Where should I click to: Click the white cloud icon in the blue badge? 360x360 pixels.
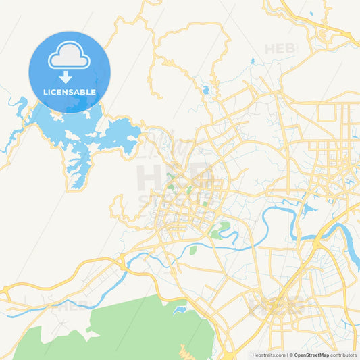(68, 57)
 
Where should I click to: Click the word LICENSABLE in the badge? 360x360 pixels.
(69, 92)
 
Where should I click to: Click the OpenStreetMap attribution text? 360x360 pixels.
(311, 355)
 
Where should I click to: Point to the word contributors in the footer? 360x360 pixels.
(344, 355)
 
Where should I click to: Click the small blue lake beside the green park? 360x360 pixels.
(180, 310)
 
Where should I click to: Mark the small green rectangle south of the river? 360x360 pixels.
(192, 251)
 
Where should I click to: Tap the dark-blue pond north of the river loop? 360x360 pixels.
(310, 209)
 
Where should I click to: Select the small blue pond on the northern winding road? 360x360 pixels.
(205, 89)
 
